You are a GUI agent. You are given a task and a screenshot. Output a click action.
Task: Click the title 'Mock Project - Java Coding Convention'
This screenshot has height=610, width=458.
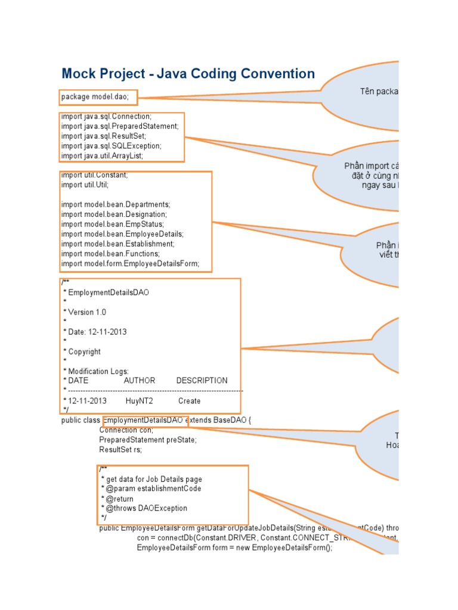(188, 74)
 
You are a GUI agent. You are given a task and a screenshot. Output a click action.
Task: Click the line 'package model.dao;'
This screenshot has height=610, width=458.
(99, 97)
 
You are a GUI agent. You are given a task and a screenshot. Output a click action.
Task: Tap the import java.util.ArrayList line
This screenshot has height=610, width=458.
(102, 155)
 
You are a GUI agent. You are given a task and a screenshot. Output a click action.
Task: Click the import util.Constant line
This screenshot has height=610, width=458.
(94, 175)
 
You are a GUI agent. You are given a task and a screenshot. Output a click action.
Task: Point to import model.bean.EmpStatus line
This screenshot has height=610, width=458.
(112, 224)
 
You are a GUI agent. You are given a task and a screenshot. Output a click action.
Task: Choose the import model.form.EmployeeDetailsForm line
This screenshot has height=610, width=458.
(130, 263)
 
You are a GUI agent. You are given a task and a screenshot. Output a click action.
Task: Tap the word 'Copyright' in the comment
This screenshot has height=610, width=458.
(84, 351)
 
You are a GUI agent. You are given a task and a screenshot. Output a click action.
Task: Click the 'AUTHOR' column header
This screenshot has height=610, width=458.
(140, 381)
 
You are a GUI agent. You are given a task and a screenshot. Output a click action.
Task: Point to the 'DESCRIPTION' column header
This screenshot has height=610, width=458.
(202, 381)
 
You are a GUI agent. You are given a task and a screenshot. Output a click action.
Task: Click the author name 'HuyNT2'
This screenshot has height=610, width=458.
(139, 401)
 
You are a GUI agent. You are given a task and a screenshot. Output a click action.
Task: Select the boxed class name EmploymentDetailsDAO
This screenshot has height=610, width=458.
(145, 420)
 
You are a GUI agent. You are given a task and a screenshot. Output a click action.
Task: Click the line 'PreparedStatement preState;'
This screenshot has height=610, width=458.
(147, 440)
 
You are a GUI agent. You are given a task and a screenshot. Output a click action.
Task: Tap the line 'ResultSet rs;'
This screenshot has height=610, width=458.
(120, 450)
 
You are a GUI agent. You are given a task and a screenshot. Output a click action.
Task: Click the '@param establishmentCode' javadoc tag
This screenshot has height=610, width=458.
(153, 488)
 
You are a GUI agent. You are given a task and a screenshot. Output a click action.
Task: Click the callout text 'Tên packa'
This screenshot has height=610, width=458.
(379, 91)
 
